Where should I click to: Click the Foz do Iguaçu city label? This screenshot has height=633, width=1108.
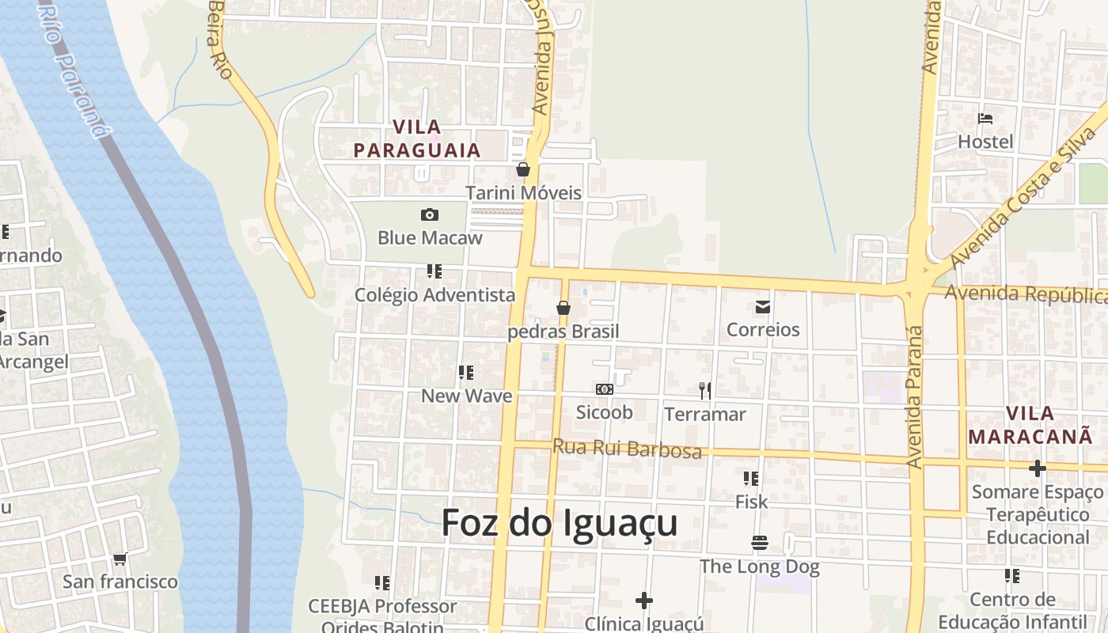(x=559, y=523)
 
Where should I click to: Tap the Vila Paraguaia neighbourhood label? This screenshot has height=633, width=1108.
(x=417, y=138)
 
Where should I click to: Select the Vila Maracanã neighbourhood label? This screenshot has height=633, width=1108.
(x=1030, y=425)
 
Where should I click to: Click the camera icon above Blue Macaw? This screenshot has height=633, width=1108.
(x=430, y=214)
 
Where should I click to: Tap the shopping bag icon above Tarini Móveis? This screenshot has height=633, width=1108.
(x=522, y=169)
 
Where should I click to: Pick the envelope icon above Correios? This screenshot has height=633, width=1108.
(x=763, y=307)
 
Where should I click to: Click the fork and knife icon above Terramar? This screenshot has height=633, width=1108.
(x=704, y=390)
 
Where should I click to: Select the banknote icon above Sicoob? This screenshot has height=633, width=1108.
(x=604, y=389)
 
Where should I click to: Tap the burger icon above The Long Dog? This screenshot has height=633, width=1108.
(x=760, y=543)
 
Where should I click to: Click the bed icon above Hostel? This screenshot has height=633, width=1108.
(x=985, y=119)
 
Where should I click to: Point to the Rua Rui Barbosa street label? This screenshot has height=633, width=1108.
(x=627, y=449)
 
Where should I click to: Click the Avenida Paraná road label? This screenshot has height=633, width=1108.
(x=916, y=396)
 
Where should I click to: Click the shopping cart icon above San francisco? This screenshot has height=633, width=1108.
(x=120, y=559)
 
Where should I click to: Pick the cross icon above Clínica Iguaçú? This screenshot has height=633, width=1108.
(x=644, y=601)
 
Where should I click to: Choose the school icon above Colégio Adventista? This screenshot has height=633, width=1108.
(x=434, y=271)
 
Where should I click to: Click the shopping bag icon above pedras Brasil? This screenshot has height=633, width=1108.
(x=563, y=308)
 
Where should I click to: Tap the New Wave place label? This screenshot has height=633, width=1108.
(x=466, y=396)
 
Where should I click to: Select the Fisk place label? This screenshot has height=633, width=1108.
(x=751, y=502)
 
